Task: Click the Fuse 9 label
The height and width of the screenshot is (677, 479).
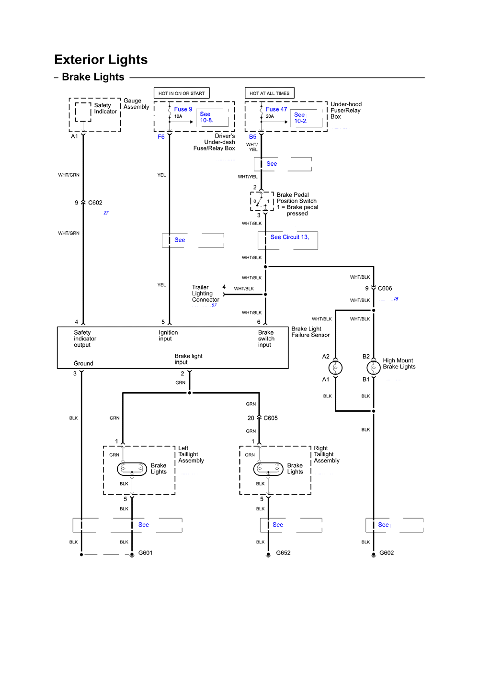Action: coord(183,109)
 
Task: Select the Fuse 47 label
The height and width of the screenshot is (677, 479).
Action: coord(276,109)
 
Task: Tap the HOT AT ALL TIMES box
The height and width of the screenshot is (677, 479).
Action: coord(269,93)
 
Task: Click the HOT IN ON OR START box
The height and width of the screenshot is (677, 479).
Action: coord(182,93)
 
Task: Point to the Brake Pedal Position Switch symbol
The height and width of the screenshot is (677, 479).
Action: coord(262,201)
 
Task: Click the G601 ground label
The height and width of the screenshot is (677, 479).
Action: coord(145,553)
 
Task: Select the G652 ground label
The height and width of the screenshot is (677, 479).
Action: coord(283,553)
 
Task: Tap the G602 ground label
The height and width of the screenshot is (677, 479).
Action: coord(387,553)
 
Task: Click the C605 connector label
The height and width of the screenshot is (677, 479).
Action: coord(270,418)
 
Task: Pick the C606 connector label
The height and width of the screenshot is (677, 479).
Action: coord(385,288)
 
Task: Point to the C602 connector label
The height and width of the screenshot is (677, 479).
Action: coord(95,203)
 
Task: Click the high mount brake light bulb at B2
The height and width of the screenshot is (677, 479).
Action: coord(374,368)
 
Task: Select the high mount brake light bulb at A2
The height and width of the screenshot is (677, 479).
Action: coord(335,368)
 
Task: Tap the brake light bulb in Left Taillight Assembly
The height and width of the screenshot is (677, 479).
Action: coord(132,469)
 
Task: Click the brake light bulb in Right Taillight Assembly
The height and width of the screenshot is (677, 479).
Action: coord(268,469)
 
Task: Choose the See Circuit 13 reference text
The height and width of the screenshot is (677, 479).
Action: coord(289,237)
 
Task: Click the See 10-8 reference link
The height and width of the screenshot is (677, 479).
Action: coord(206,117)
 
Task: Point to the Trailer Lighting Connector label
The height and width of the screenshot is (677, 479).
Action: coord(205,293)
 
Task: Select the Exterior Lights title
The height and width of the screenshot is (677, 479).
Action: coord(101,60)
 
